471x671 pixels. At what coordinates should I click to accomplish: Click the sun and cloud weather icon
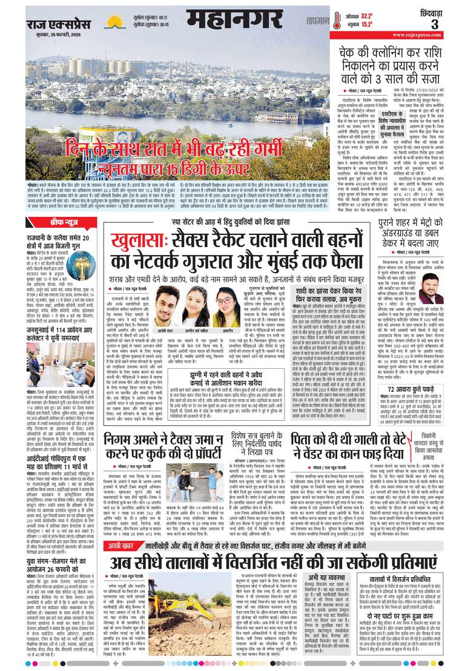point(112,22)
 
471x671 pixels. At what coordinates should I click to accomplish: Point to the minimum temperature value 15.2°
point(367,25)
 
